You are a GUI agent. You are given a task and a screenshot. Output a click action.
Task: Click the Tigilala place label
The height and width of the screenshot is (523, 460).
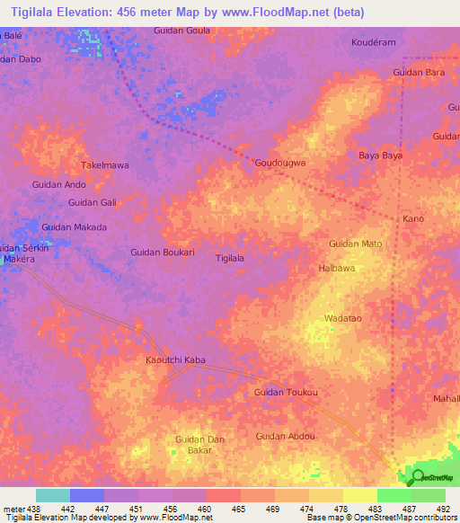(x=230, y=257)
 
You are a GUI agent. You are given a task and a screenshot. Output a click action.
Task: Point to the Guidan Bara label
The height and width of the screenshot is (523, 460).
(x=420, y=72)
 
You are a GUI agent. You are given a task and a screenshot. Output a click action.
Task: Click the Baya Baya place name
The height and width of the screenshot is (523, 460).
(x=380, y=155)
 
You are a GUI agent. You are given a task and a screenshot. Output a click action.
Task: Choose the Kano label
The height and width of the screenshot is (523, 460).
(x=413, y=219)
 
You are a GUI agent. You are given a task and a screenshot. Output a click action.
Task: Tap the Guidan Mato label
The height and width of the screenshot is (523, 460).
(x=356, y=244)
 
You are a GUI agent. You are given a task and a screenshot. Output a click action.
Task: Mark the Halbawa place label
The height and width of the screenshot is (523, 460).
(x=337, y=268)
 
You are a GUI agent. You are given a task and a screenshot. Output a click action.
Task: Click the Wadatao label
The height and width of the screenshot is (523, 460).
(x=342, y=318)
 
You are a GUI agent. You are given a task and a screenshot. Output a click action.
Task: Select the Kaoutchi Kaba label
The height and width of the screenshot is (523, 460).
(x=175, y=359)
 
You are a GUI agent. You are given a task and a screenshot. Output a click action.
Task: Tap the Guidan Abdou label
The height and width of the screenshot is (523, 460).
(x=286, y=436)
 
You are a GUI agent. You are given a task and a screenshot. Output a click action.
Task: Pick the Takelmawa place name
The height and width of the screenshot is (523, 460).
(x=105, y=165)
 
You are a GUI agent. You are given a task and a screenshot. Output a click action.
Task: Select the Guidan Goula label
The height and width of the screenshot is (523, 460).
(x=182, y=30)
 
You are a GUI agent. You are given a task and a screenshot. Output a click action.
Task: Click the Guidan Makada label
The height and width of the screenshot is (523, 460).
(x=74, y=227)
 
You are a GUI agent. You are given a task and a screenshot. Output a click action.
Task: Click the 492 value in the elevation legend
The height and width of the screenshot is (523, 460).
(x=443, y=510)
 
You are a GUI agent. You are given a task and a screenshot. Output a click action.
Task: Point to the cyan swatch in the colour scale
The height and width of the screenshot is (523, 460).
(x=52, y=495)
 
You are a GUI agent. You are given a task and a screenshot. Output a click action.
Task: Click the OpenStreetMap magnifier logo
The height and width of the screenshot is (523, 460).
(x=416, y=476)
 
